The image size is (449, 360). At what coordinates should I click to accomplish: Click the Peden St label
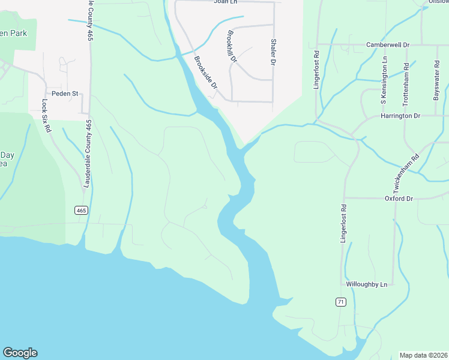[x=65, y=94]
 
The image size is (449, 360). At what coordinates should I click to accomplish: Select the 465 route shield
[x=82, y=210]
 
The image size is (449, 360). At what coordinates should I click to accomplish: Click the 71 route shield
[x=340, y=302]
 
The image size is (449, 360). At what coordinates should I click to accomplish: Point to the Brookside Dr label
[x=205, y=73]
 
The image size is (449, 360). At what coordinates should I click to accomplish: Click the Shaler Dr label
[x=273, y=52]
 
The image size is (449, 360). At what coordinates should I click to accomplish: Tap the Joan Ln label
[x=226, y=2]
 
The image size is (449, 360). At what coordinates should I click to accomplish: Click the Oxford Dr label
[x=399, y=199]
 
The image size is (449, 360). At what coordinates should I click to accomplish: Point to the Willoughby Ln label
[x=367, y=283]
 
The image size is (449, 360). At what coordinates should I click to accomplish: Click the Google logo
[x=20, y=353]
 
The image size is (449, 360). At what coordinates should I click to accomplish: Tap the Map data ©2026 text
[x=423, y=355]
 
